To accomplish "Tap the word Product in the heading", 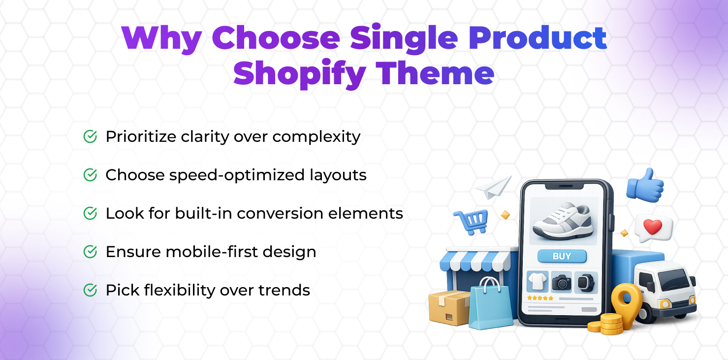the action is point(537,38).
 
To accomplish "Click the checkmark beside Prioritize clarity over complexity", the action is point(90,136).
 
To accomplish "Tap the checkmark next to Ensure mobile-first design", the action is point(90,251).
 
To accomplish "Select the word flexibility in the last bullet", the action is point(180,291).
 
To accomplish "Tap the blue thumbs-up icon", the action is point(645,185).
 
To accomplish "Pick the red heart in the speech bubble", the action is point(652,227).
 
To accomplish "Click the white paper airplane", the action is point(494,187).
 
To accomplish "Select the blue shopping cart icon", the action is point(472,222).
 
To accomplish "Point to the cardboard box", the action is point(449,308).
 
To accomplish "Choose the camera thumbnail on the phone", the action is point(561,282).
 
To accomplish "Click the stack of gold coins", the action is point(606,324).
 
